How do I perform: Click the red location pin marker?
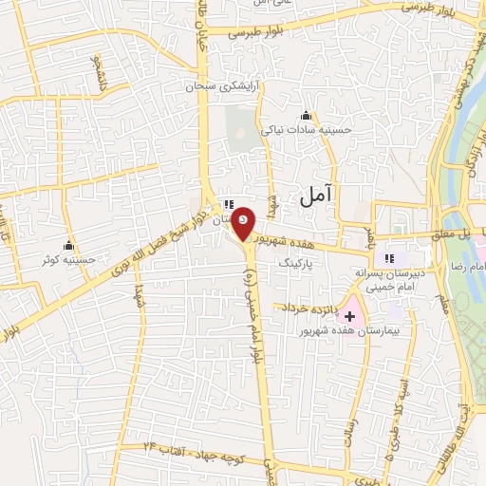(243, 222)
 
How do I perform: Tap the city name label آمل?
(318, 196)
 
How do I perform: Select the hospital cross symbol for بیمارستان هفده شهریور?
(348, 314)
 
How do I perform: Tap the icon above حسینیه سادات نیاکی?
(306, 116)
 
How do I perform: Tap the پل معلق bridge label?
(455, 234)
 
